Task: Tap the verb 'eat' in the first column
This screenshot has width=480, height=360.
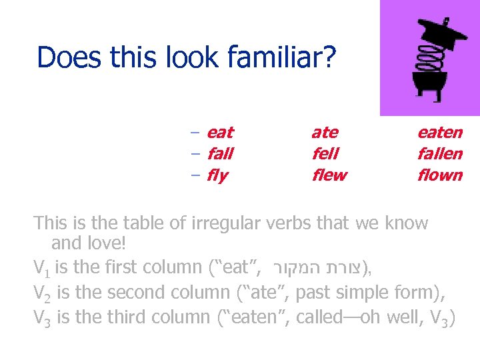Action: click(220, 133)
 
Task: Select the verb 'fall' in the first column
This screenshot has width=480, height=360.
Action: click(220, 154)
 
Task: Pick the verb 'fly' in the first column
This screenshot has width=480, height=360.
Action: click(217, 176)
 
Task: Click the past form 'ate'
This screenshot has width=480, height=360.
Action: click(325, 133)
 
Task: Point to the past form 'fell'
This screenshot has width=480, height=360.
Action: click(325, 154)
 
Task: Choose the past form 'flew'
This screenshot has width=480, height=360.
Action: click(329, 175)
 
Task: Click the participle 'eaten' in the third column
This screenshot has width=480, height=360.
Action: click(439, 133)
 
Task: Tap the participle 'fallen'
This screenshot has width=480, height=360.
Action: click(439, 154)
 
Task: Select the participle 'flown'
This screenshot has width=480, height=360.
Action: click(439, 175)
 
